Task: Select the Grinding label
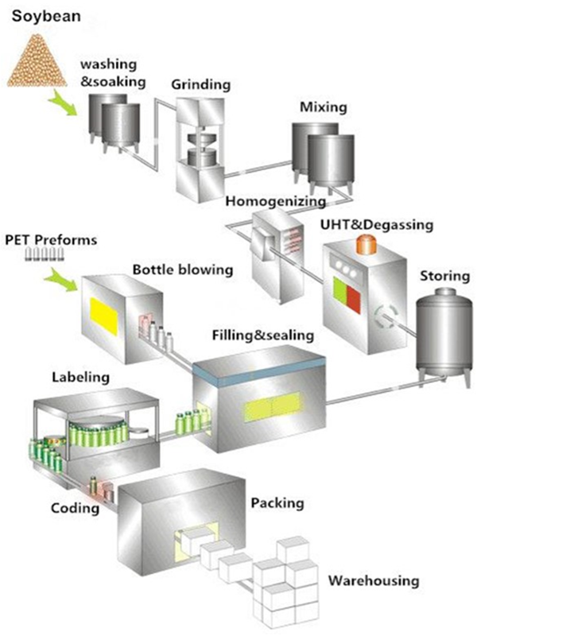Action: pos(201,83)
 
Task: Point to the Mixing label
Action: pos(322,106)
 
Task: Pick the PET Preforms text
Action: pos(51,238)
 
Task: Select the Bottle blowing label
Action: pos(183,270)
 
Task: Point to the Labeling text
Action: pos(80,377)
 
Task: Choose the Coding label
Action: pos(76,507)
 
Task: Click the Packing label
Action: pos(277,503)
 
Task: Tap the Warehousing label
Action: pos(374,580)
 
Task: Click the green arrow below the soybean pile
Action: pos(62,101)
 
